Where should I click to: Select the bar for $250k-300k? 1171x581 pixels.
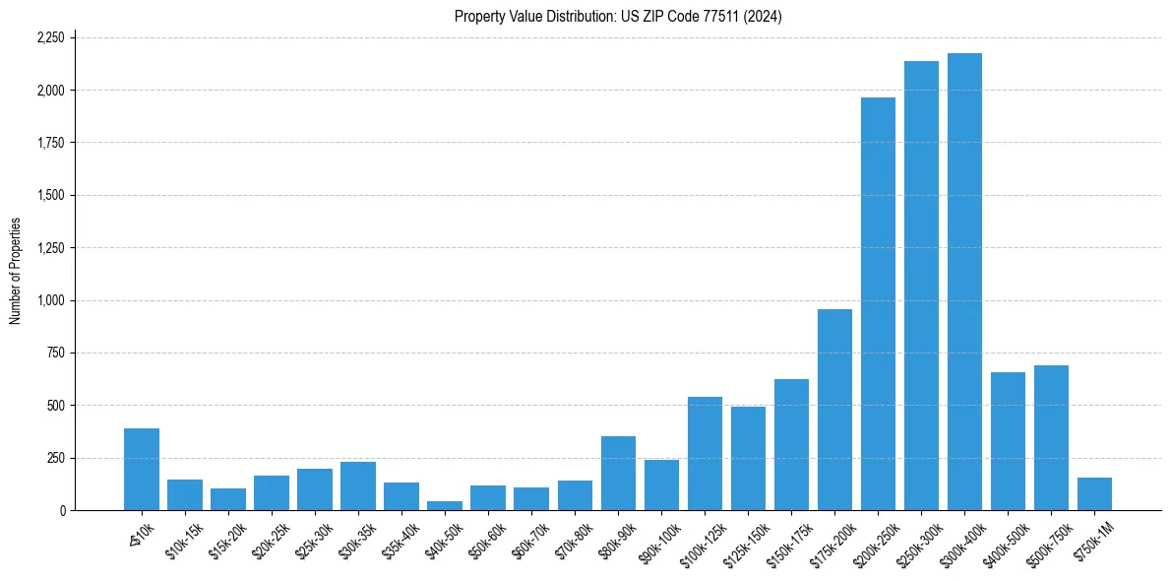(921, 286)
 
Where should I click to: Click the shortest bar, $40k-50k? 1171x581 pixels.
(445, 505)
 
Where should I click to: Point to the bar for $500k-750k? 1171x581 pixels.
(1051, 437)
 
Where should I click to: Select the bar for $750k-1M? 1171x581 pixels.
(1094, 493)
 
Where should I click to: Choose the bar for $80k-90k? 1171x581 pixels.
(618, 473)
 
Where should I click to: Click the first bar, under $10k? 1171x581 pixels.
(142, 469)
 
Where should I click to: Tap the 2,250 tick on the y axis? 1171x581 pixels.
(50, 38)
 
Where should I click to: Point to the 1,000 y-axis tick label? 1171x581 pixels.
(50, 300)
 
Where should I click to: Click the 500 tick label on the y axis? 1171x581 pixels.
(57, 406)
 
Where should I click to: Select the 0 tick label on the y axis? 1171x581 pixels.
(63, 511)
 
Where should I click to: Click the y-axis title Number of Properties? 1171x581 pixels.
(15, 271)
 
